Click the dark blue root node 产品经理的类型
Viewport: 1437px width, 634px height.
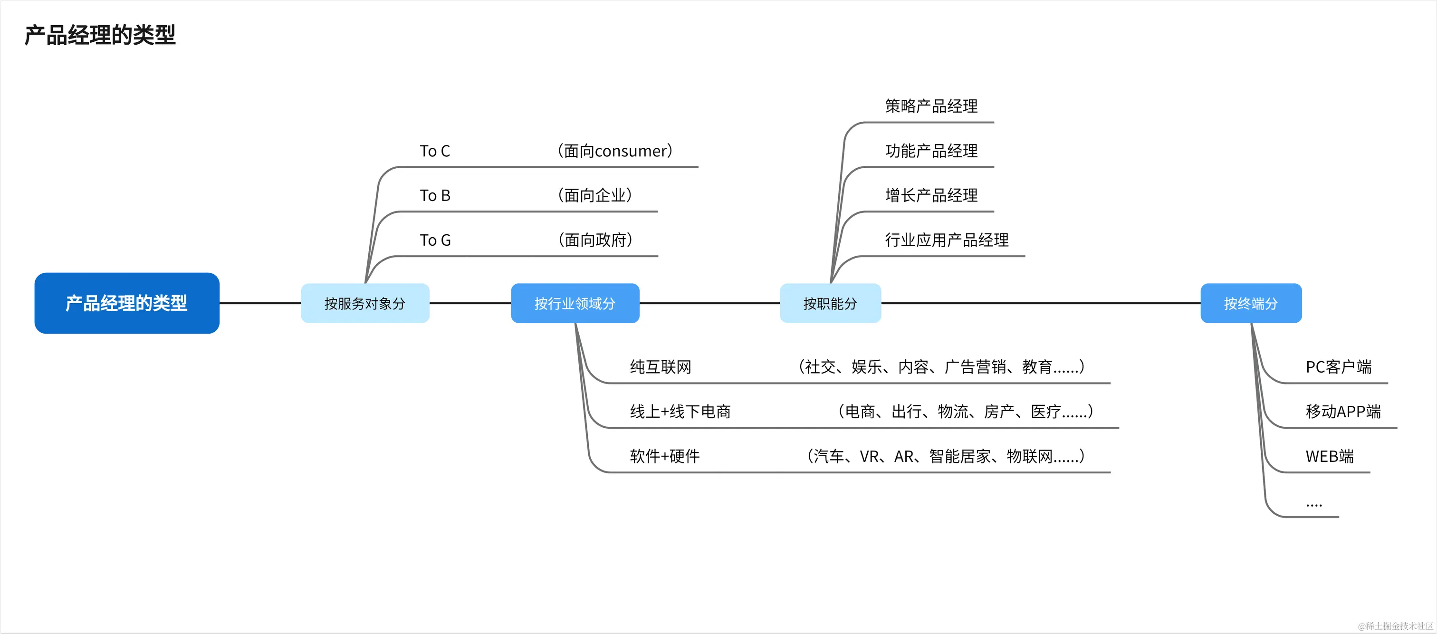point(126,303)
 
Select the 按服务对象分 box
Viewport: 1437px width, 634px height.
point(365,303)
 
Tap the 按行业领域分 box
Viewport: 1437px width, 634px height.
point(575,303)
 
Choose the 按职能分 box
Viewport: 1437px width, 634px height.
point(830,303)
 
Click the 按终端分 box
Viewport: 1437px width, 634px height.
point(1251,303)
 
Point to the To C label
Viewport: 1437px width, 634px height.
point(434,151)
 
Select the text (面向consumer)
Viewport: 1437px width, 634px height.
point(615,151)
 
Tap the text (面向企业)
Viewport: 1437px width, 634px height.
point(594,195)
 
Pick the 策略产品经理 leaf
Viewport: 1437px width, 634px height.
point(931,106)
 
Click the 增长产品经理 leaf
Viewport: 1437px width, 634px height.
point(931,195)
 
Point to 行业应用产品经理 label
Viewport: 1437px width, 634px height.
point(947,240)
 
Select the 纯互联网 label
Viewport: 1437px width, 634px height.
point(661,367)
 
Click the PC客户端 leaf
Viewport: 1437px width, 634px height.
point(1338,367)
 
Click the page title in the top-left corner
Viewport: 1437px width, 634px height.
point(100,35)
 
